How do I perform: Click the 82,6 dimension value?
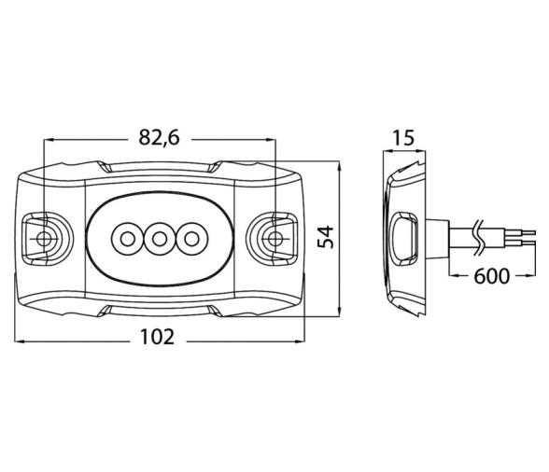(159, 137)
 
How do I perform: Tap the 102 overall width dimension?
(157, 338)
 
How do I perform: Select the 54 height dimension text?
(326, 237)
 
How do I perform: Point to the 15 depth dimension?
(404, 138)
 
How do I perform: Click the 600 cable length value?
(491, 276)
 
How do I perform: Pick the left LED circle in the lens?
(127, 240)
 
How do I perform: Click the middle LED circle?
(160, 240)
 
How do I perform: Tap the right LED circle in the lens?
(192, 240)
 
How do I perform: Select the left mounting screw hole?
(43, 239)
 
